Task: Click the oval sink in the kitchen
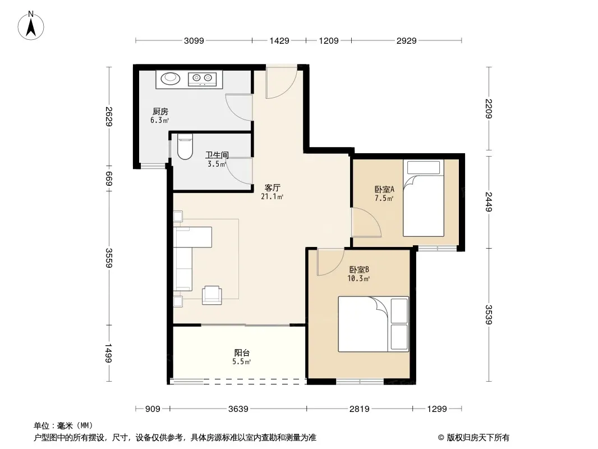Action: click(x=170, y=78)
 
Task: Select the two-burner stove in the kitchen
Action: click(x=202, y=79)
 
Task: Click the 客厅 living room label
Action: click(x=272, y=187)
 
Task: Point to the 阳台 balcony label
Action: click(x=242, y=352)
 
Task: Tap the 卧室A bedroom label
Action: click(x=384, y=189)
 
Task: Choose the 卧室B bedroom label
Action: click(x=359, y=269)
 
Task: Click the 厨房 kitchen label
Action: click(x=160, y=111)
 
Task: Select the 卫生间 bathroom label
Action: click(x=217, y=155)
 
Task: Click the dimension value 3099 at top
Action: click(x=194, y=40)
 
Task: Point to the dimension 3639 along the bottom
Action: click(x=238, y=409)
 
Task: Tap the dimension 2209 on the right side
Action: click(x=489, y=109)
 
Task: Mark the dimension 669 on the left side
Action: click(x=109, y=178)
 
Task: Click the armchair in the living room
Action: click(x=211, y=295)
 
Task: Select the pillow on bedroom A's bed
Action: click(x=424, y=167)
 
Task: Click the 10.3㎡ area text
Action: click(x=358, y=278)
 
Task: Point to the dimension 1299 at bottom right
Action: click(x=436, y=409)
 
